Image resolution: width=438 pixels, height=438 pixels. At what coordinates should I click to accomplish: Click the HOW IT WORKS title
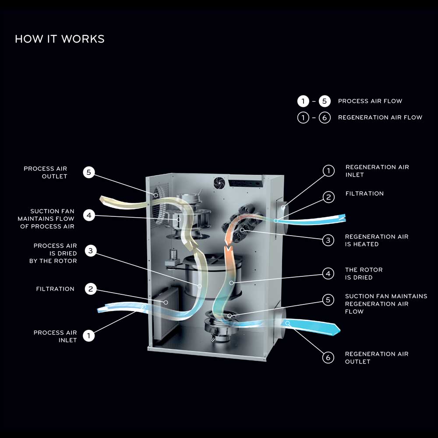coord(60,39)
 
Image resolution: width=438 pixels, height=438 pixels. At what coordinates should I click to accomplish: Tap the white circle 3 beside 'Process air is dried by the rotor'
coord(90,251)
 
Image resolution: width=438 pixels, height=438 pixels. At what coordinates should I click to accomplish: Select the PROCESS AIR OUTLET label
coord(46,173)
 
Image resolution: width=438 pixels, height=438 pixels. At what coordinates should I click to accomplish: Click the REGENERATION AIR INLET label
coord(377,171)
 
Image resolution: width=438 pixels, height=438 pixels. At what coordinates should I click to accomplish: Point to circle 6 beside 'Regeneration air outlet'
coord(328,358)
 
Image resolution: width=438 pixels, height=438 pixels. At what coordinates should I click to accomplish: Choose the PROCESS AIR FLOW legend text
coord(370,101)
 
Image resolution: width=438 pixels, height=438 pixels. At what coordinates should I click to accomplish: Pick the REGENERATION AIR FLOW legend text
coord(380,117)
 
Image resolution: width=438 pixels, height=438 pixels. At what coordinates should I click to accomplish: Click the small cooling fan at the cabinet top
coord(219,183)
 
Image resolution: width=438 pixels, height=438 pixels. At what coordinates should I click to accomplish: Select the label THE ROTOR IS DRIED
coord(364,274)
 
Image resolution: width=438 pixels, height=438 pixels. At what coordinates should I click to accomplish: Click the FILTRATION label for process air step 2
coord(55,289)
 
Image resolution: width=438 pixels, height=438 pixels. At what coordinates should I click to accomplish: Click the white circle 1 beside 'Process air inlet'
coord(88,336)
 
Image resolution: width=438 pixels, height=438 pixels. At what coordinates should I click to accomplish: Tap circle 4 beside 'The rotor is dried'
coord(328,274)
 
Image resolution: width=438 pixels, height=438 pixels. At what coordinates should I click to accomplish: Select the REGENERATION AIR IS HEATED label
coord(377,240)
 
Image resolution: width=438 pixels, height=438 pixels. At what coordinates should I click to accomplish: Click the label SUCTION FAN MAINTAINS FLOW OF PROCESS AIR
coord(46,219)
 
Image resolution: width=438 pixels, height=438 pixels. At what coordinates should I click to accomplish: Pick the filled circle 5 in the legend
coord(325,101)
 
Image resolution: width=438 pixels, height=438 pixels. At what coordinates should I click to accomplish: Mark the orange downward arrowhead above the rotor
coord(228,251)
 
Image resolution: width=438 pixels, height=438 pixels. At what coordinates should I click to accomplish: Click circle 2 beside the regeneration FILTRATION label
coord(328,197)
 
